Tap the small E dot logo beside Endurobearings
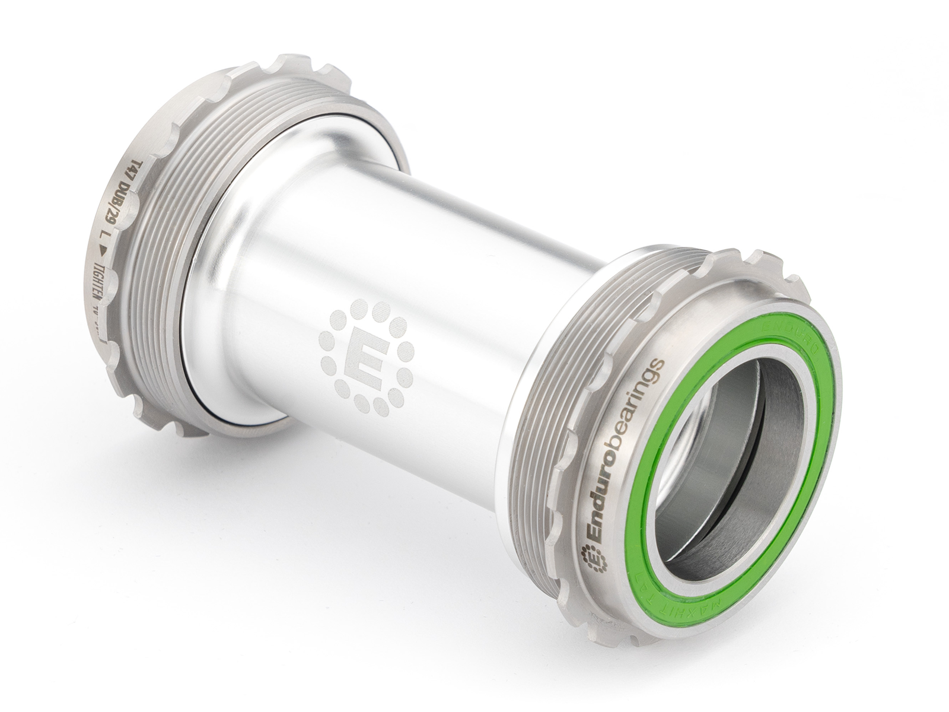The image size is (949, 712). click(593, 560)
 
